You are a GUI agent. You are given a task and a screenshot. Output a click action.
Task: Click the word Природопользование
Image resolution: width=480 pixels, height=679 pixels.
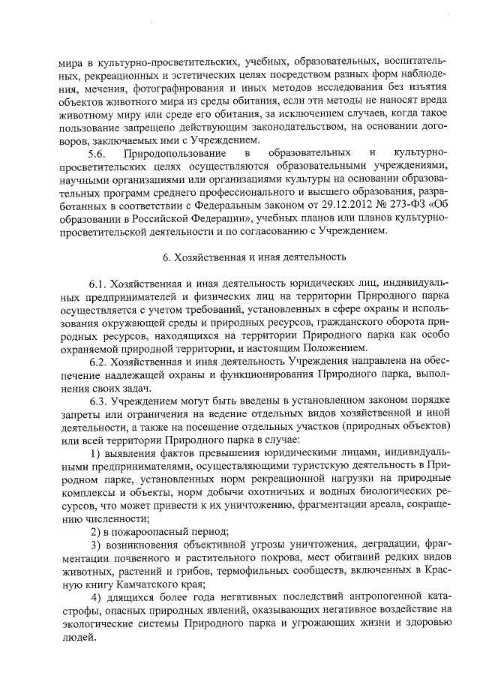(x=179, y=154)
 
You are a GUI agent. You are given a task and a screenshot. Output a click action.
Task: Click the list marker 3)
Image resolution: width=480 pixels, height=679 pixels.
(x=96, y=544)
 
